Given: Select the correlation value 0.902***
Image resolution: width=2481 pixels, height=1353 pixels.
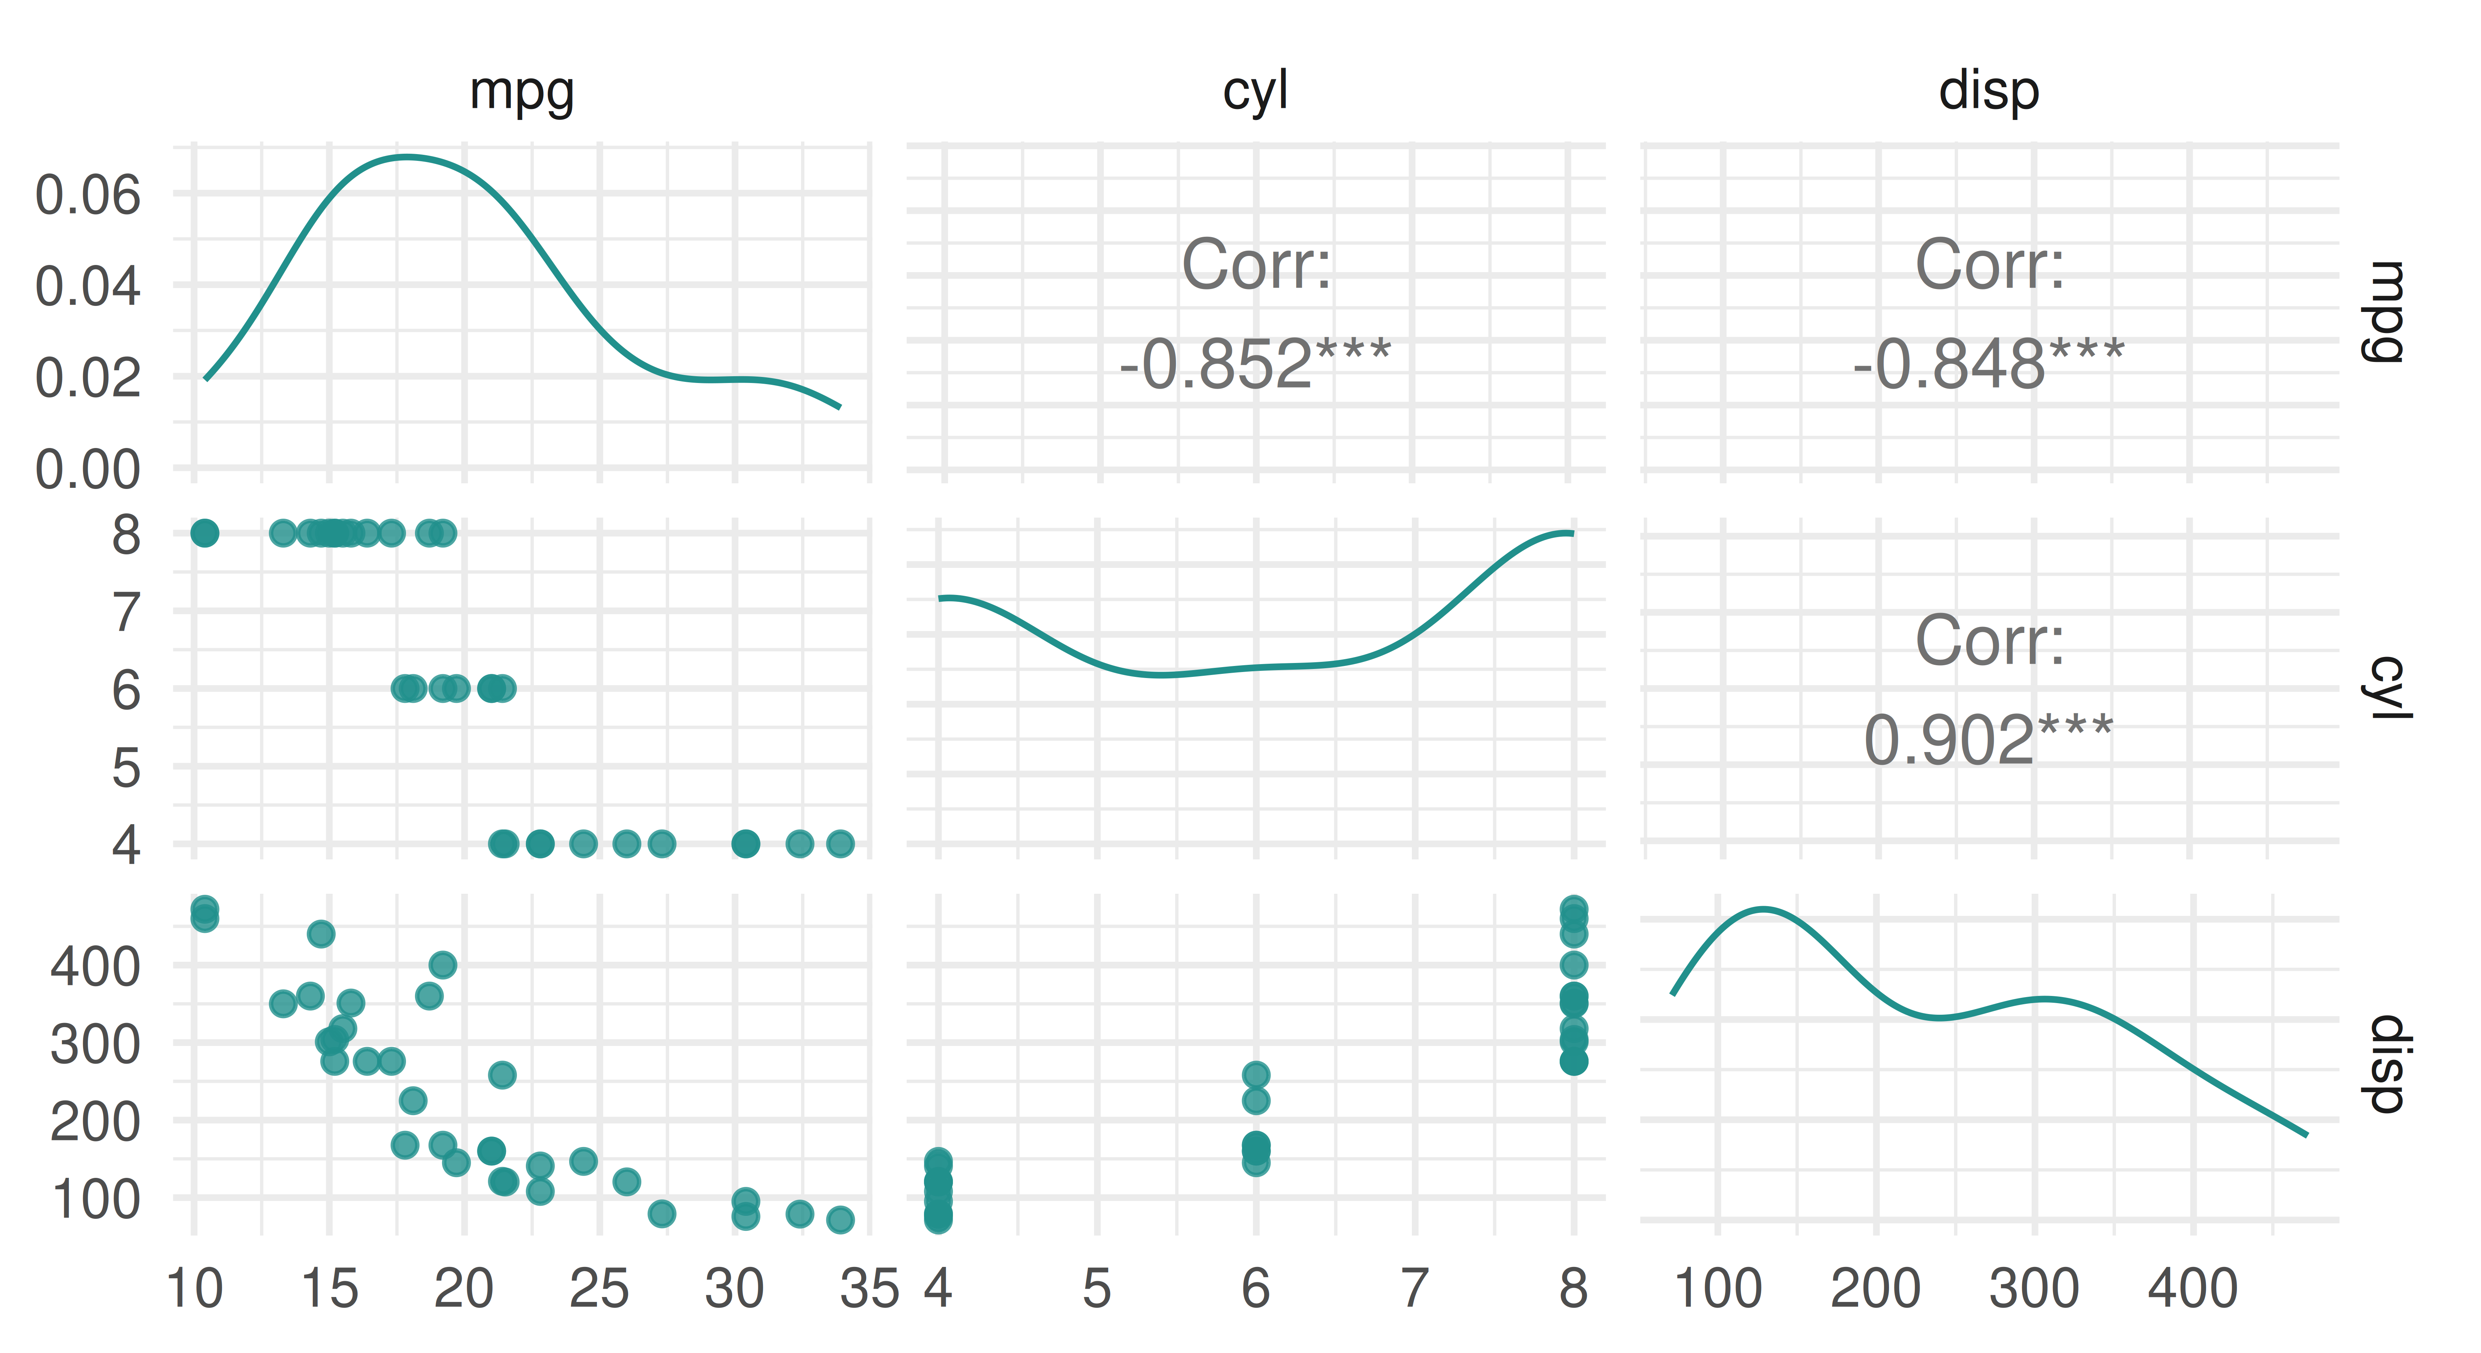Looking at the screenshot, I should click(x=1989, y=740).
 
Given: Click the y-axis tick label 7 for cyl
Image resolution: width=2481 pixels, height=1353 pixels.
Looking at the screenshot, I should click(x=126, y=613).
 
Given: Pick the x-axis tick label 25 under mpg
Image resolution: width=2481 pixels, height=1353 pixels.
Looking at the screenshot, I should click(x=599, y=1288).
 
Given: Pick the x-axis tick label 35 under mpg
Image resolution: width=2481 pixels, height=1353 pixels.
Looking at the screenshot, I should click(x=869, y=1288).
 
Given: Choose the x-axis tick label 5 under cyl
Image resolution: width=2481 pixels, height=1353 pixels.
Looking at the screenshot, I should click(x=1097, y=1288).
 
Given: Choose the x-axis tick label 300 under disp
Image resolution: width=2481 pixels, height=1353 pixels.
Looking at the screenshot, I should click(x=2034, y=1288).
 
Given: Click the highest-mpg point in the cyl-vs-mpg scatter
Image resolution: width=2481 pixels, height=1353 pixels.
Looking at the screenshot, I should click(x=840, y=844).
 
